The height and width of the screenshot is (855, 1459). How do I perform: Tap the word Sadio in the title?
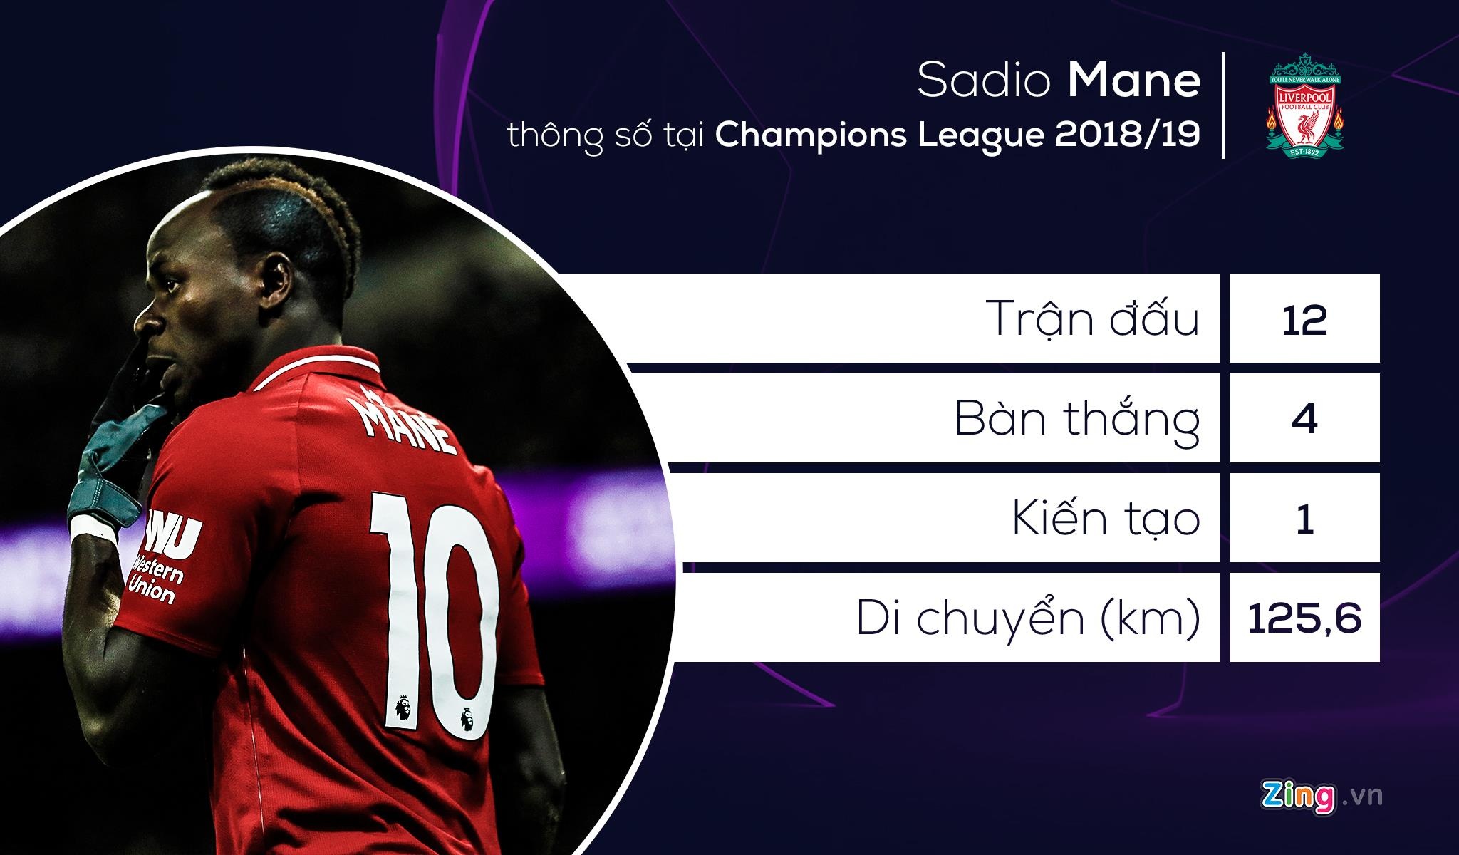[984, 82]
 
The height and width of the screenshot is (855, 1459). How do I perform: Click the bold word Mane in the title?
[1133, 82]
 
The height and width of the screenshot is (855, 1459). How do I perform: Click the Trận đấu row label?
[1094, 319]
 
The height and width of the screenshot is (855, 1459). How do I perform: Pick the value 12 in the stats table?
[1304, 319]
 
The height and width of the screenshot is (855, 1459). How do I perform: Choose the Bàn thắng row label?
[1076, 419]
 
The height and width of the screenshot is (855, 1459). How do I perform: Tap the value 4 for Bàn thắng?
[1304, 419]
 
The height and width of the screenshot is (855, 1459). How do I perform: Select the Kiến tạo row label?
[1106, 519]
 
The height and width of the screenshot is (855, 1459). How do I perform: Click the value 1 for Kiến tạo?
[1304, 519]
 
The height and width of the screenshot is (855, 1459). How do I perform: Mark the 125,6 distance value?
[1304, 618]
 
